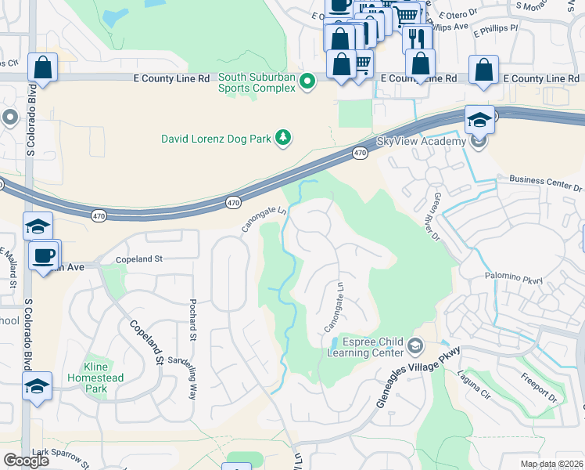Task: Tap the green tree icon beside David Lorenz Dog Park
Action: click(282, 139)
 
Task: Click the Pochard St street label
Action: click(192, 320)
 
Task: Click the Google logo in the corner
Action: click(26, 461)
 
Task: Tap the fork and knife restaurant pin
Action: click(417, 37)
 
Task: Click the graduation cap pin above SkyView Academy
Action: click(479, 120)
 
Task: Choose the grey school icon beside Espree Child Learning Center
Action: click(416, 346)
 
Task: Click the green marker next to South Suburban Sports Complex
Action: click(307, 81)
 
